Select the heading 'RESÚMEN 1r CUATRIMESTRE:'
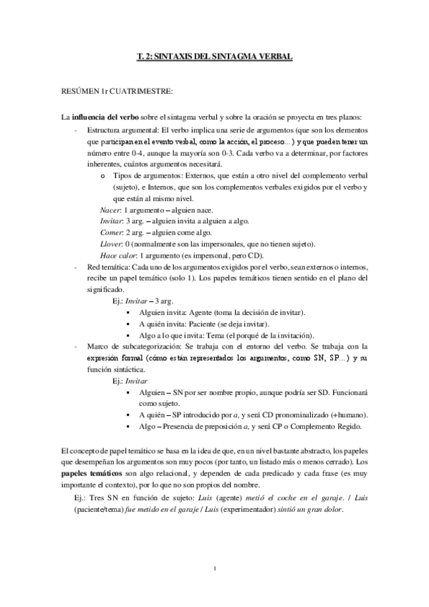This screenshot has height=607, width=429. (x=107, y=91)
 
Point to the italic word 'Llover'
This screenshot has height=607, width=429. (x=111, y=244)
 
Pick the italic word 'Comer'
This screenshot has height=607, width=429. (x=110, y=232)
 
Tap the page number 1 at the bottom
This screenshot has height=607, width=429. (x=215, y=569)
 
